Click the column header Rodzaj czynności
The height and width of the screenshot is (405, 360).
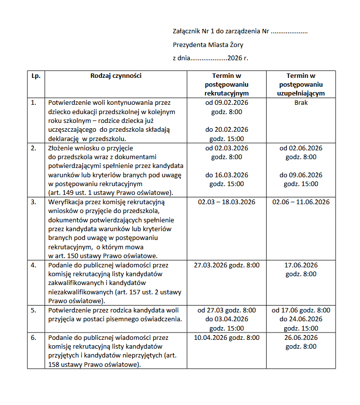(116, 75)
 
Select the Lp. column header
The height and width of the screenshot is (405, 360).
(36, 75)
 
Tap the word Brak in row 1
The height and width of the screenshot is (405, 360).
(301, 103)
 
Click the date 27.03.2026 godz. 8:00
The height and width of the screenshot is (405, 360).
(226, 265)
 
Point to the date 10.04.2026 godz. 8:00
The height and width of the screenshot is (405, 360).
(226, 337)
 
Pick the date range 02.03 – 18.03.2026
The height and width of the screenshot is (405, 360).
(226, 202)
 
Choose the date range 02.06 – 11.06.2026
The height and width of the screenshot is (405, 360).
(301, 202)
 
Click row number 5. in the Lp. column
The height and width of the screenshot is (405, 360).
(34, 310)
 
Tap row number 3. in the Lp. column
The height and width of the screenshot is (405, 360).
(34, 202)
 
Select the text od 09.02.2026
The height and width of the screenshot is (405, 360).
(226, 103)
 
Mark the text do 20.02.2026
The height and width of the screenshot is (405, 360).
(226, 130)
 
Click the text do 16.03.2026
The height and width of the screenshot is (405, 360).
(226, 175)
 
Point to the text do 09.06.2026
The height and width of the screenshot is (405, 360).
(301, 175)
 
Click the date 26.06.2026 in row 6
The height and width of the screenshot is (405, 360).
(301, 337)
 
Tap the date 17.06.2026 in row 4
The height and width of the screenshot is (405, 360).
(301, 265)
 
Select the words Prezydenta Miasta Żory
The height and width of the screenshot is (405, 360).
(208, 45)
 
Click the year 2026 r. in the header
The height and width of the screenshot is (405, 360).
(238, 58)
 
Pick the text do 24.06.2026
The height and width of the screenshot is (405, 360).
(301, 319)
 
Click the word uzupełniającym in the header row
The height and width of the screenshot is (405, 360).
(301, 93)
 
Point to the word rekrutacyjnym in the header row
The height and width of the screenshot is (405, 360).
(226, 93)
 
